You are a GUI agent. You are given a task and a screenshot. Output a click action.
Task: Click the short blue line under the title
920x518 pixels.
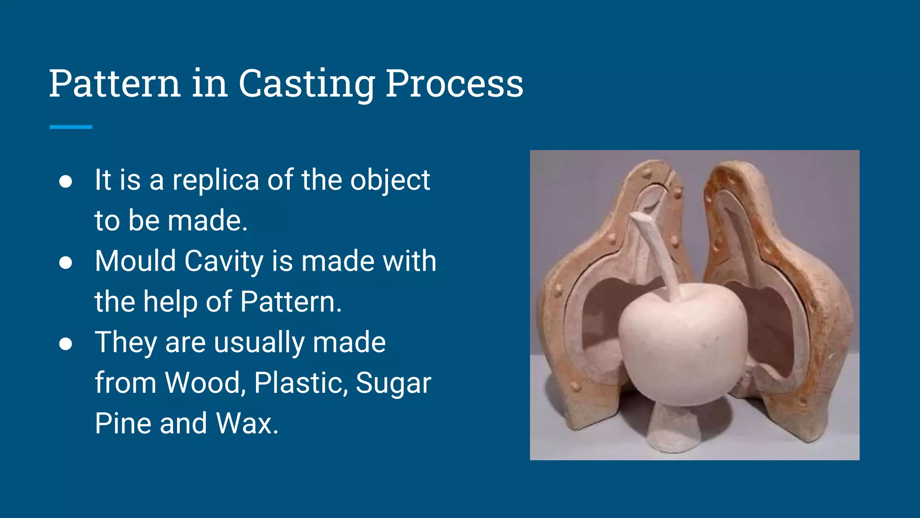71,127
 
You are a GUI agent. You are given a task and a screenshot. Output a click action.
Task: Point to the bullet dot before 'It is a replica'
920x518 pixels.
66,181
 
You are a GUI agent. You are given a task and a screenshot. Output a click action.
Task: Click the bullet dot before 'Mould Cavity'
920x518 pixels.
66,263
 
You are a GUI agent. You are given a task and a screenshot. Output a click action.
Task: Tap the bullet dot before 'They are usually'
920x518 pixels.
66,344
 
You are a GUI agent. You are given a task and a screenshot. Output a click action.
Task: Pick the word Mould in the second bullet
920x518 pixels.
135,261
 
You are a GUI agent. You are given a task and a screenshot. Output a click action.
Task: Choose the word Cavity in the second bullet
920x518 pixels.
224,261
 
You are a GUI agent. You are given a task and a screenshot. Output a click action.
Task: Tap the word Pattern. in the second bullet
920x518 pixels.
291,302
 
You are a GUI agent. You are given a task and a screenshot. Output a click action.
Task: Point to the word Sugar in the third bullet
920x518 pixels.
393,383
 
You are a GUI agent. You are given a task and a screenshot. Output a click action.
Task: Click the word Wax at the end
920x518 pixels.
247,424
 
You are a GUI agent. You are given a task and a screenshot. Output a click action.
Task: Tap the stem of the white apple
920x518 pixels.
658,252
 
